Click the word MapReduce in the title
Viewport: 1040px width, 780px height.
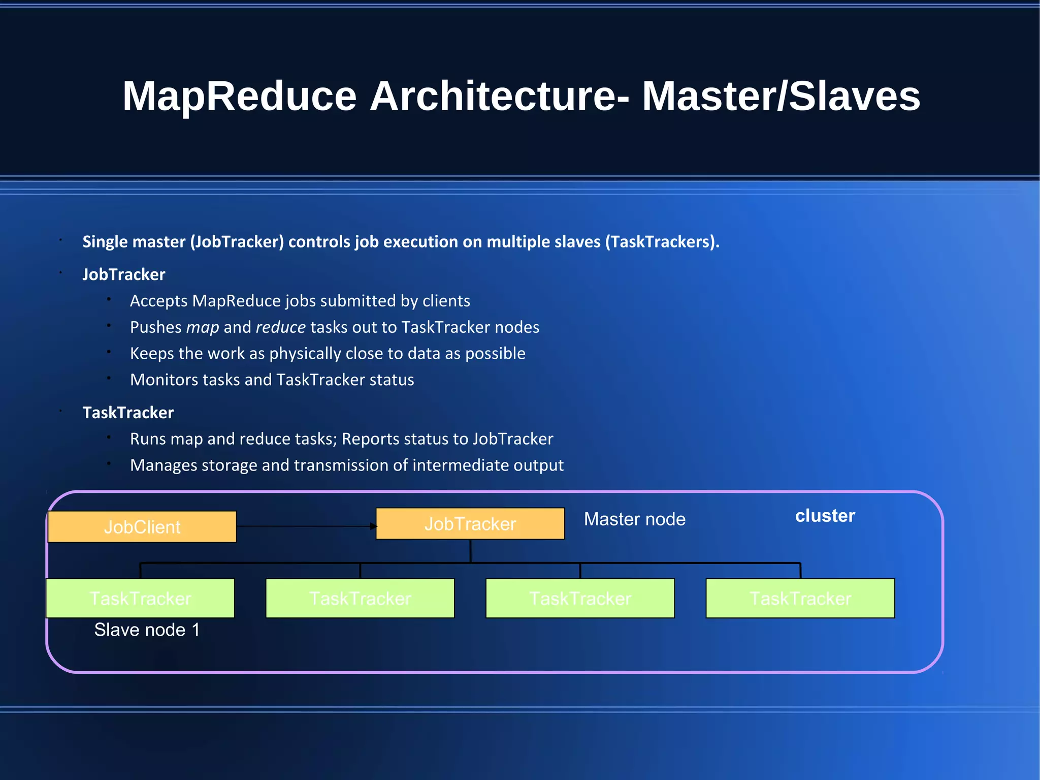pyautogui.click(x=239, y=97)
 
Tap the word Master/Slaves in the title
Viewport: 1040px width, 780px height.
pyautogui.click(x=781, y=97)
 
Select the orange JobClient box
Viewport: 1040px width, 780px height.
pyautogui.click(x=142, y=527)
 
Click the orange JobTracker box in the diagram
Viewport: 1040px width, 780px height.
pyautogui.click(x=470, y=524)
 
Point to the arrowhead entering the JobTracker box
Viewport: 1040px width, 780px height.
pyautogui.click(x=374, y=526)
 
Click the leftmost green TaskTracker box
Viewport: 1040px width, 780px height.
pyautogui.click(x=140, y=599)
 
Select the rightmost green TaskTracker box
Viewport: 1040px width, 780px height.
pyautogui.click(x=800, y=599)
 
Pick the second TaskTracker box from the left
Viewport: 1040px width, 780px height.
pyautogui.click(x=360, y=599)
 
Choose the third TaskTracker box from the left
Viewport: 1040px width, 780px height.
pyautogui.click(x=580, y=599)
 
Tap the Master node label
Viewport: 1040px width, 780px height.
pyautogui.click(x=634, y=519)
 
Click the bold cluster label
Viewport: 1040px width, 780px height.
pyautogui.click(x=825, y=516)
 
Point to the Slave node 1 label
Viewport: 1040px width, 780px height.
pyautogui.click(x=147, y=630)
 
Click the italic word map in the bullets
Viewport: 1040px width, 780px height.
pyautogui.click(x=203, y=328)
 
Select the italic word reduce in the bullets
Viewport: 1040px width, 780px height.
pyautogui.click(x=280, y=327)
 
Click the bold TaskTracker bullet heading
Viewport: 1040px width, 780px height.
pyautogui.click(x=128, y=413)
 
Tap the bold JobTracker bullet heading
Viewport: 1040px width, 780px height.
pyautogui.click(x=124, y=274)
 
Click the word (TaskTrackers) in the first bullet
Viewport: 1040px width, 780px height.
pyautogui.click(x=662, y=242)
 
